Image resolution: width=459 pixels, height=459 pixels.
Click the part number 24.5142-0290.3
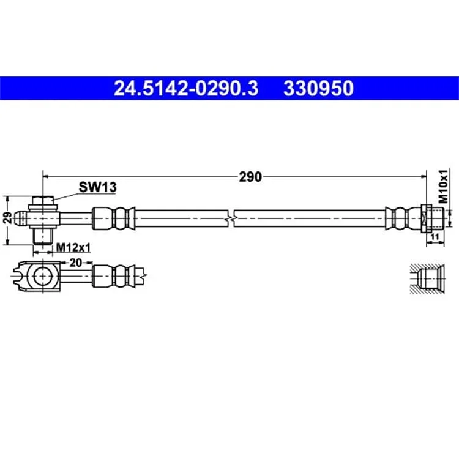click(186, 88)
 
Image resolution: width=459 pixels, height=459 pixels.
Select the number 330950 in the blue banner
click(318, 88)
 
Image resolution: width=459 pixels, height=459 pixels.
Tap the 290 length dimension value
click(250, 177)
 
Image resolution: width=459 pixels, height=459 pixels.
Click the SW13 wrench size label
click(97, 187)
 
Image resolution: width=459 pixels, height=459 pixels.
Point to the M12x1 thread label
click(73, 248)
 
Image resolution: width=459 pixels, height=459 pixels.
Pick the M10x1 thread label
click(443, 186)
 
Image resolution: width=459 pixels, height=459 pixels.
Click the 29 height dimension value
click(7, 218)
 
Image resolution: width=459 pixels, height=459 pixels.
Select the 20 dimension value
click(75, 263)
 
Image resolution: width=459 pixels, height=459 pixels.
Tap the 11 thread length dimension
click(435, 236)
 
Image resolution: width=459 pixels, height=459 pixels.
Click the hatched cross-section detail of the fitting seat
click(427, 278)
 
